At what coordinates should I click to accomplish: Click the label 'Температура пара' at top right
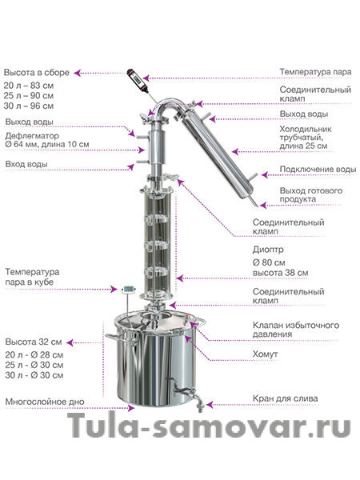[x=315, y=72]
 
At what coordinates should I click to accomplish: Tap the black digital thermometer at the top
[x=138, y=81]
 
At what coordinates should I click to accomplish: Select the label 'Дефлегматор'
[x=32, y=136]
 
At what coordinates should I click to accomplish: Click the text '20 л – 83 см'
[x=29, y=86]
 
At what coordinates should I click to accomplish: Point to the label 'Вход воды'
[x=26, y=164]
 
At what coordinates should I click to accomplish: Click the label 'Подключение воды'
[x=318, y=170]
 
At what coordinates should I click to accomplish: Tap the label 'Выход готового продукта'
[x=310, y=195]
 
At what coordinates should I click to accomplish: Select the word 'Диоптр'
[x=268, y=250]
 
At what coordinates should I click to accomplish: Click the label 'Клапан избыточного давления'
[x=296, y=329]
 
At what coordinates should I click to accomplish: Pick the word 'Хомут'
[x=265, y=354]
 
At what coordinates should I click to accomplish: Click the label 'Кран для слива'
[x=285, y=398]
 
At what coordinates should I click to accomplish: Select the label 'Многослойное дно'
[x=45, y=402]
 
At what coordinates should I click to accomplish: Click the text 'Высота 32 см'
[x=34, y=342]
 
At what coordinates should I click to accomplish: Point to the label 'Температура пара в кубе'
[x=32, y=277]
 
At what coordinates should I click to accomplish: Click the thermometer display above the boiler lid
[x=129, y=289]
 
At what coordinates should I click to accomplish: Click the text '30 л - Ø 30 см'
[x=34, y=375]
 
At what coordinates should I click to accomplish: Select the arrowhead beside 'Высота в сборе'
[x=78, y=73]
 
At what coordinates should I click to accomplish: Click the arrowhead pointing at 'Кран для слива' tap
[x=210, y=405]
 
